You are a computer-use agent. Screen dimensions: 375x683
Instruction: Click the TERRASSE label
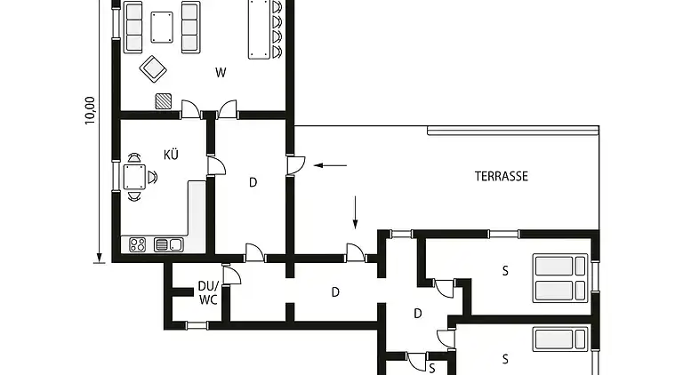[501, 177]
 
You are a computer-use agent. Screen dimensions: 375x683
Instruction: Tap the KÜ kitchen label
[171, 155]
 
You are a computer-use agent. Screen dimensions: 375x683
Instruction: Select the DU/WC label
[208, 293]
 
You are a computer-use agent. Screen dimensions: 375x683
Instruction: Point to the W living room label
[220, 74]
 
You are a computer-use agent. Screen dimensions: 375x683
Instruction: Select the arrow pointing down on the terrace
[355, 211]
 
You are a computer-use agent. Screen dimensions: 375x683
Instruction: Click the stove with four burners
[139, 243]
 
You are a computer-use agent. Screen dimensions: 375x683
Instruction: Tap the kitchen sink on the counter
[167, 244]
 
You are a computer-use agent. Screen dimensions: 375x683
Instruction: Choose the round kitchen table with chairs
[134, 176]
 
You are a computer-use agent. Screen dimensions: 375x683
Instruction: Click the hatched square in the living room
[163, 100]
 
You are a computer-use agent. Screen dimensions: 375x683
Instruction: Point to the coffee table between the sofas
[162, 27]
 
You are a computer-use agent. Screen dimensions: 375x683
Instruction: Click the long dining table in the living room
[259, 28]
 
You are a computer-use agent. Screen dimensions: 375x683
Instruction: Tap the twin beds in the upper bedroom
[559, 278]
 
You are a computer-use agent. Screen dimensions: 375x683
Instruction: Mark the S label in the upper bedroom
[504, 271]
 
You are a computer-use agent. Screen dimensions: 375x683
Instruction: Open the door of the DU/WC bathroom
[230, 275]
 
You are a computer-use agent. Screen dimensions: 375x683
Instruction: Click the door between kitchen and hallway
[215, 165]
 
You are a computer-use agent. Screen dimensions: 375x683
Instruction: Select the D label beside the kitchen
[253, 183]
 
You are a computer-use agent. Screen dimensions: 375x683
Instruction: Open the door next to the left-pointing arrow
[296, 165]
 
